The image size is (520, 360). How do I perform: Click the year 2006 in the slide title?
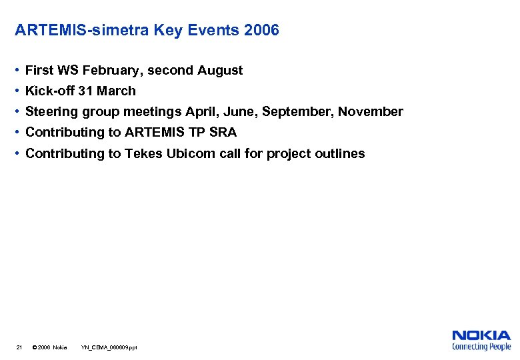coord(262,30)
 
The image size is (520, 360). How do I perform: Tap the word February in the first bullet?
coord(109,70)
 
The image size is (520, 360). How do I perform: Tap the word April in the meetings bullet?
coord(202,111)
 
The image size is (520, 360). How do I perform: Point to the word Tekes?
coord(143,153)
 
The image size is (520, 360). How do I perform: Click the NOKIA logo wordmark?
coord(481,336)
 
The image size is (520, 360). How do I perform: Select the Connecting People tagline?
coord(481,347)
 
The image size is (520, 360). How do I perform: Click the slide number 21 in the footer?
coord(19,347)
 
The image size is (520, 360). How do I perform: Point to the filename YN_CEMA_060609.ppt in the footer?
coord(109,347)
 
